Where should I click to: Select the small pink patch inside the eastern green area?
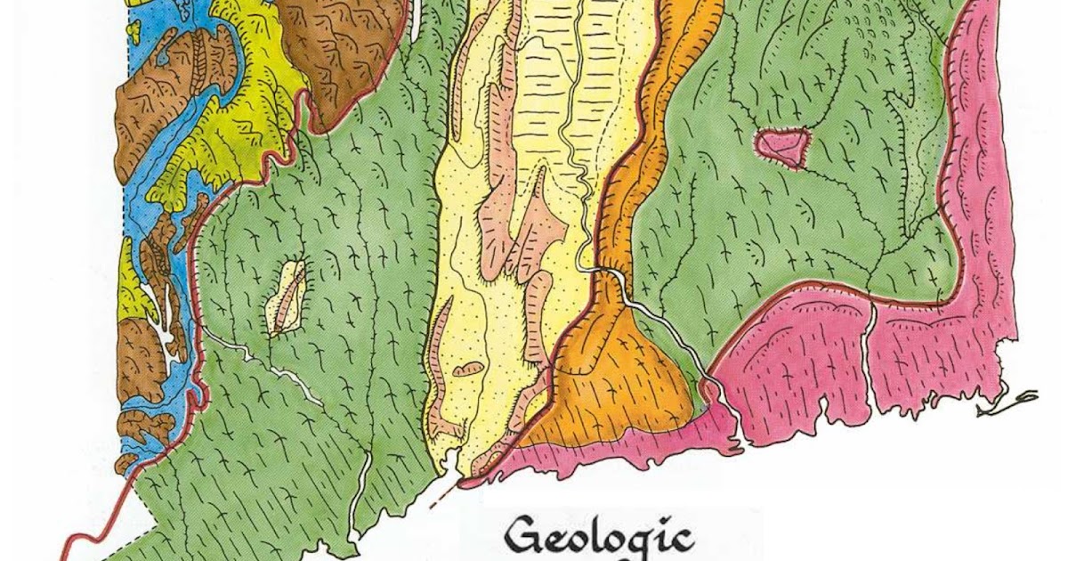783,147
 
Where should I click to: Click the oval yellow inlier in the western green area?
287,297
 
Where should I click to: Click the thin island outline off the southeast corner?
1010,403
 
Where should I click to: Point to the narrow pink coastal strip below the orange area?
614,450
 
